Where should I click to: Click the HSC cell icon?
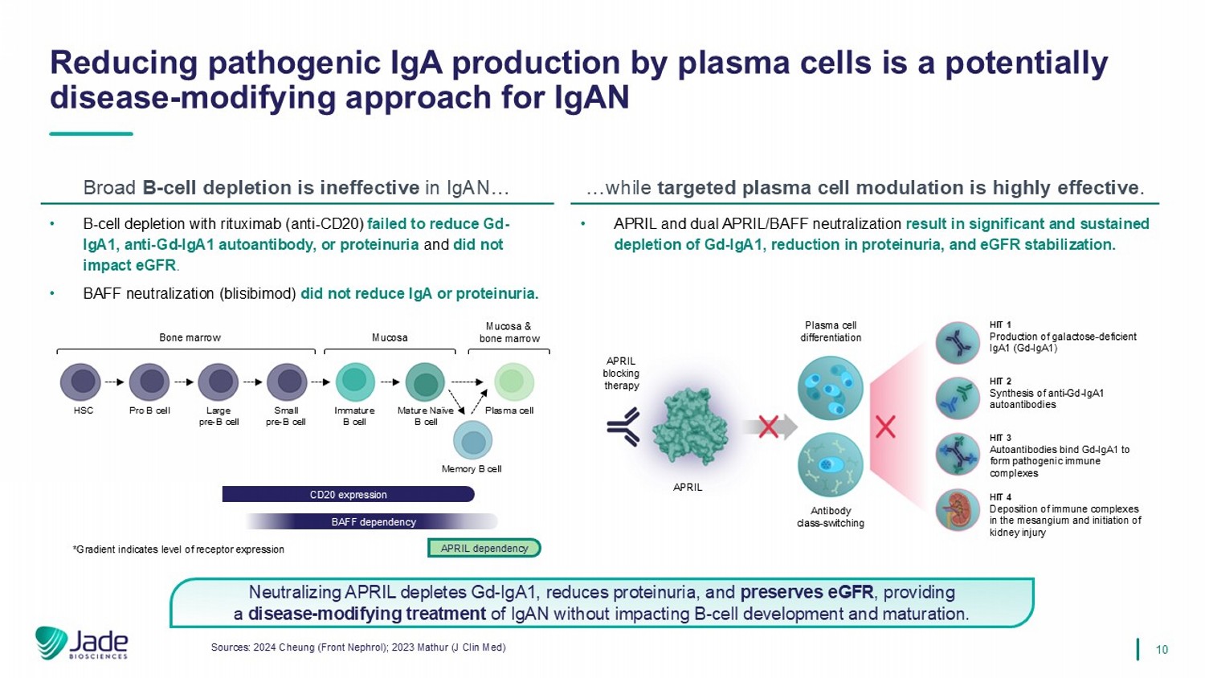[81, 382]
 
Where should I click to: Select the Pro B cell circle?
[149, 382]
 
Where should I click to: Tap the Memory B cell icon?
[472, 441]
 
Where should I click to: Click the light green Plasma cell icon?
[514, 382]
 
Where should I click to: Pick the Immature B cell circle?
[355, 382]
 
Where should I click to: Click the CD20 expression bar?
[348, 495]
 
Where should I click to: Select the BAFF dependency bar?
[373, 522]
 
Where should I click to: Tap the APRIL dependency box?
[484, 549]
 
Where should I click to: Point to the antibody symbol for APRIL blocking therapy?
[624, 427]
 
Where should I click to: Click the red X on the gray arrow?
[768, 427]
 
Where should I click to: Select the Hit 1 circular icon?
[958, 343]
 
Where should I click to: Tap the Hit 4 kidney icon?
[958, 510]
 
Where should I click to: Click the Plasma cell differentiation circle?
[830, 388]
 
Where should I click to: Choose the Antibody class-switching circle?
[830, 464]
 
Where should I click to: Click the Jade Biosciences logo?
[82, 643]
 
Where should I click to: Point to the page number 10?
[1162, 649]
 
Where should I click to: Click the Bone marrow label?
[190, 338]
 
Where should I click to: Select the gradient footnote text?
[178, 549]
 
